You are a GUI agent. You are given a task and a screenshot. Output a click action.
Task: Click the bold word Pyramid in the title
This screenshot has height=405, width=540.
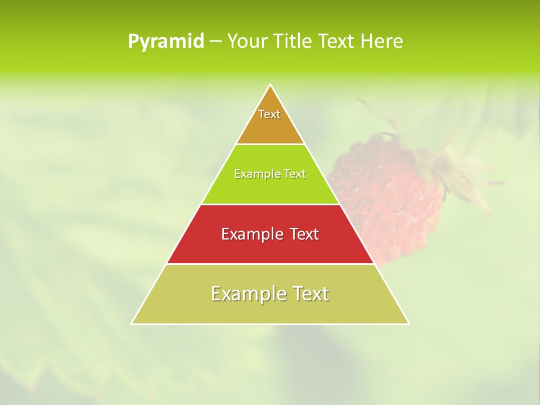166,42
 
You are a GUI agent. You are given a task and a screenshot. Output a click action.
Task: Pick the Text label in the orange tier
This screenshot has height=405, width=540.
269,114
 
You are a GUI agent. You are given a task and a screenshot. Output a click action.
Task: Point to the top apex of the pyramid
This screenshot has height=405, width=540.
271,85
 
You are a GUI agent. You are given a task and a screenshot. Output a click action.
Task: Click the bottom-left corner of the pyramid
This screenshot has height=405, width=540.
132,323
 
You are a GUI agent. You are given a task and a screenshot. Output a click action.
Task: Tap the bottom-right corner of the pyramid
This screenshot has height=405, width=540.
408,323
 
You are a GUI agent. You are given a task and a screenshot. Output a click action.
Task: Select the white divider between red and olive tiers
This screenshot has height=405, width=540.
271,264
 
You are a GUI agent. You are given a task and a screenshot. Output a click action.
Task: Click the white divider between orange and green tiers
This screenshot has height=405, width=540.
271,144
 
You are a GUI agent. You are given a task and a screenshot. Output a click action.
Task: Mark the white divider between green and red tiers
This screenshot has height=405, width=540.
271,204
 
